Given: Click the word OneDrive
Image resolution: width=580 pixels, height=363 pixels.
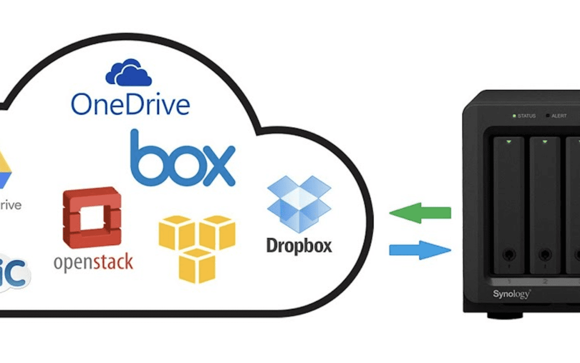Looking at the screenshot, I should point(130,104).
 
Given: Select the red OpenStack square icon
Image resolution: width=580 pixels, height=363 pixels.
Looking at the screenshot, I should point(92,217).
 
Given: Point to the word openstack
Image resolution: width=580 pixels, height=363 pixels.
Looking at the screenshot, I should point(93,262).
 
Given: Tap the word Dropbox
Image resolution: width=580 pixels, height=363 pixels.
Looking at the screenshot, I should point(299,245).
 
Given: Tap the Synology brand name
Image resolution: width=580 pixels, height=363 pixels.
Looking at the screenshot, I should point(511,294).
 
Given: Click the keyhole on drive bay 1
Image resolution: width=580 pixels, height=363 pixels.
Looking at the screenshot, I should point(508,254).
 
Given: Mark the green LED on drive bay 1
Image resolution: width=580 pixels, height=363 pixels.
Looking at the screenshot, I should point(508,142).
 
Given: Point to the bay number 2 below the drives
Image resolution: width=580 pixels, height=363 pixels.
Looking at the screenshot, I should point(545,281).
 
